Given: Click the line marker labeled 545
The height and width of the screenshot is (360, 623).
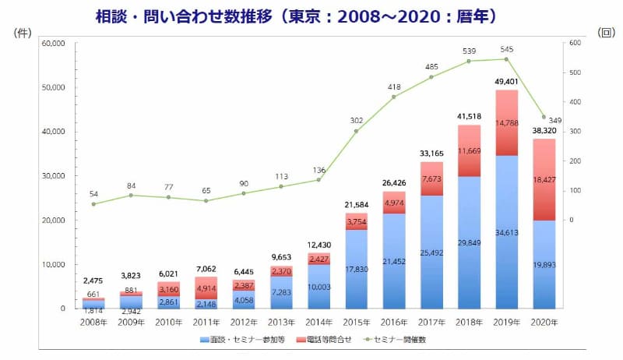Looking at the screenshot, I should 506,59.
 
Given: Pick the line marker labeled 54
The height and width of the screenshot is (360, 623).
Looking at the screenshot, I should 93,204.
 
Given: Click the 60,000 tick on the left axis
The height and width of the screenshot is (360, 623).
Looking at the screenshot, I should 55,44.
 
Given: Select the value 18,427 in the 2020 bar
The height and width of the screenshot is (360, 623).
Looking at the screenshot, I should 543,180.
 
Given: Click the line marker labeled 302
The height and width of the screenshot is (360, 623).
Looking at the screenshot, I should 356,131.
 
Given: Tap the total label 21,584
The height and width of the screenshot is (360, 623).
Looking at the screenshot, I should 356,205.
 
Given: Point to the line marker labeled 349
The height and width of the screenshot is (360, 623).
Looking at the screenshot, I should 544,117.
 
